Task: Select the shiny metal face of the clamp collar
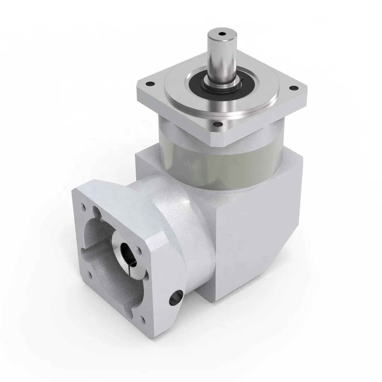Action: pyautogui.click(x=119, y=244)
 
